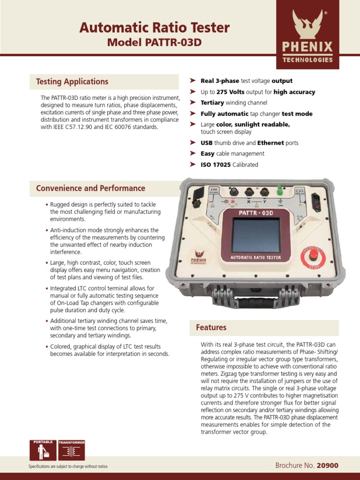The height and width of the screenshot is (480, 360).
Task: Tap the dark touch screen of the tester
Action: click(256, 236)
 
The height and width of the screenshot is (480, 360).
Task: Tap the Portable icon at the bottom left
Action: click(43, 450)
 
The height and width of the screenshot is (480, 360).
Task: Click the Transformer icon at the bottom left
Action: click(71, 450)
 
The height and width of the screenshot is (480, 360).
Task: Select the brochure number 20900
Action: click(327, 465)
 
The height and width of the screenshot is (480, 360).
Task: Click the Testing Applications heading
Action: click(72, 82)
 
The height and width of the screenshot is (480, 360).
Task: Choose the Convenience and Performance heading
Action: click(90, 188)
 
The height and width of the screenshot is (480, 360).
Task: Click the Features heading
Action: click(211, 328)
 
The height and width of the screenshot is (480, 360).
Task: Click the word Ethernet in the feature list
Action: click(270, 143)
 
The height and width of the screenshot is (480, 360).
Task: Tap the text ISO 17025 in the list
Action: click(216, 165)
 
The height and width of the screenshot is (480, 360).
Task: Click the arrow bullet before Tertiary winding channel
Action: click(193, 102)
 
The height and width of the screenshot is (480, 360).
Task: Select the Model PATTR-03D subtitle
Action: click(154, 43)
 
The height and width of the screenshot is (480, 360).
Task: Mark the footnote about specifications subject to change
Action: click(68, 467)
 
